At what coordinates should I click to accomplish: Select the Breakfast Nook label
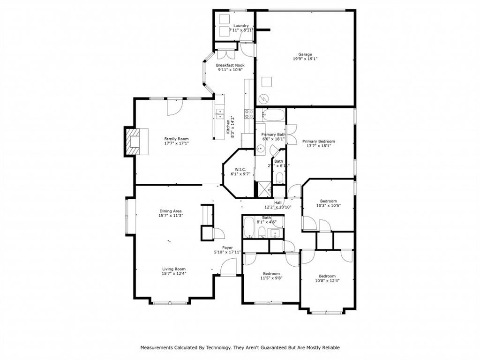click(x=230, y=65)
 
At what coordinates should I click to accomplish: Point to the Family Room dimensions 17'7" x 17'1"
click(x=176, y=143)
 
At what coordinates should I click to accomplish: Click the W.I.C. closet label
click(x=240, y=169)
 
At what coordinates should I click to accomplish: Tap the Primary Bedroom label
click(x=319, y=141)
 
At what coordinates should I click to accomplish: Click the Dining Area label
click(x=170, y=211)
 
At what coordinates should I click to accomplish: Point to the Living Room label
click(x=173, y=269)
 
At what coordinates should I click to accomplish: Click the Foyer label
click(x=227, y=247)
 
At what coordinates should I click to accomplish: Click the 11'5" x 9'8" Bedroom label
click(x=271, y=273)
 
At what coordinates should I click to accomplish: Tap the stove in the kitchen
click(x=248, y=113)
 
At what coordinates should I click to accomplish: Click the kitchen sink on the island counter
click(x=219, y=113)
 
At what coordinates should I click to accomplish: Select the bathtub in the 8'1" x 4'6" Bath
click(x=249, y=227)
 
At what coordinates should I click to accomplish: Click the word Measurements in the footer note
click(x=157, y=347)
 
